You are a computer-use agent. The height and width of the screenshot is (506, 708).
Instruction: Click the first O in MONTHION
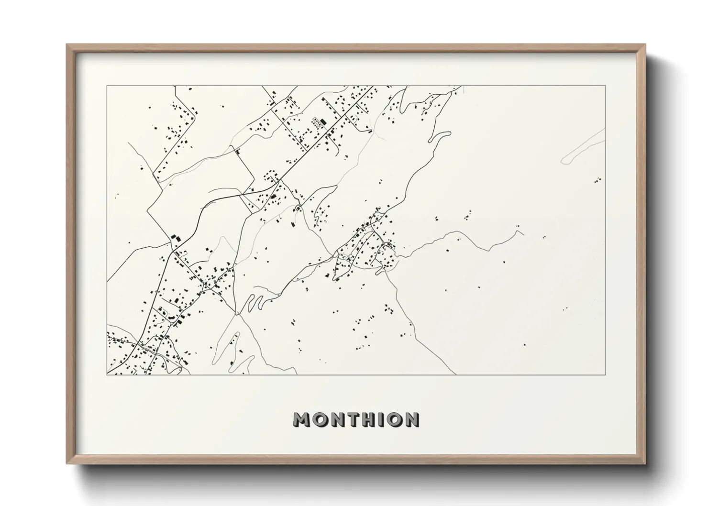pos(318,419)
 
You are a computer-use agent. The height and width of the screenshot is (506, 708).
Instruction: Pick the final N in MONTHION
pos(410,419)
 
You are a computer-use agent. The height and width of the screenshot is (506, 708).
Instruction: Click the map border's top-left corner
pos(107,86)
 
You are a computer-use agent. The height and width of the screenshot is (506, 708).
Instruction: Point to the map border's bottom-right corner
pos(606,374)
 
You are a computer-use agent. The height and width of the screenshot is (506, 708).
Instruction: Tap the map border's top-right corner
pos(606,86)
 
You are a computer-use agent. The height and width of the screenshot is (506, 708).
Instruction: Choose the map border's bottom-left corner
pos(107,374)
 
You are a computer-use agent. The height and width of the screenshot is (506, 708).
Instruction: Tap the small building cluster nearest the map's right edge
pos(597,180)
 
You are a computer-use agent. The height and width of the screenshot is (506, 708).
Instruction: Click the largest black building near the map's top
pos(323,122)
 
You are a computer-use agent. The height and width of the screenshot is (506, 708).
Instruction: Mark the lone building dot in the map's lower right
pos(524,344)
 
